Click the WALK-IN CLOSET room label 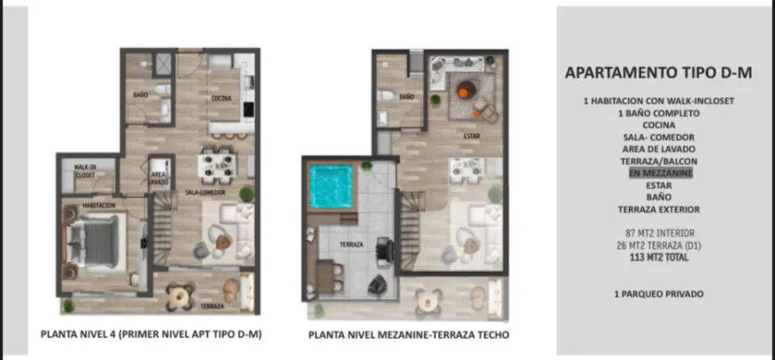85,170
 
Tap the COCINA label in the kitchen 221,98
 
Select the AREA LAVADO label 160,178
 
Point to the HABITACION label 98,205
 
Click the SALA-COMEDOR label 205,192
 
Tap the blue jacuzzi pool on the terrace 331,186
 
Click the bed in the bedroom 96,243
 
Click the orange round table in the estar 466,90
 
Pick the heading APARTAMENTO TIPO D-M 659,73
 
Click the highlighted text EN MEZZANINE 660,173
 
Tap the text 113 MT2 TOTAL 659,257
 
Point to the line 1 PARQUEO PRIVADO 659,295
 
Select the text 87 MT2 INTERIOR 660,233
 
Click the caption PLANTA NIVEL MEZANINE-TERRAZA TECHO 408,335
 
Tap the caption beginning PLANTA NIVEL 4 151,334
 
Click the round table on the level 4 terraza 178,295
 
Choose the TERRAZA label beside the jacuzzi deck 351,245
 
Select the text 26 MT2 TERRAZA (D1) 660,245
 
